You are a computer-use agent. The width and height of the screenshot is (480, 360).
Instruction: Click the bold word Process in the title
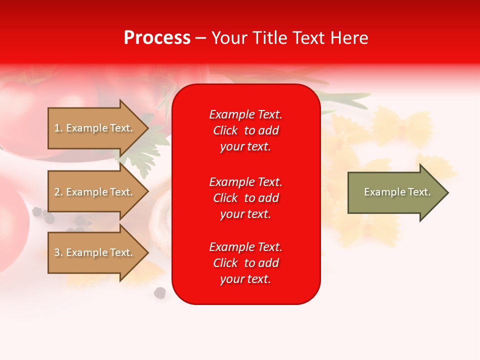coord(157,38)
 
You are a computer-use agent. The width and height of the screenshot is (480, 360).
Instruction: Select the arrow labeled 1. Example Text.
coord(95,128)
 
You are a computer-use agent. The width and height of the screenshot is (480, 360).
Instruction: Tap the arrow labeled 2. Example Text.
coord(95,192)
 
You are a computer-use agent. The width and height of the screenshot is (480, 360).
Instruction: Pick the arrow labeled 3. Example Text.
coord(95,252)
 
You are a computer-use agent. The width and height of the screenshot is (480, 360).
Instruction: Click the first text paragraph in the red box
coord(245,130)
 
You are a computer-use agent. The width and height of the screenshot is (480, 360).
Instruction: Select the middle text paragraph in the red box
coord(245,198)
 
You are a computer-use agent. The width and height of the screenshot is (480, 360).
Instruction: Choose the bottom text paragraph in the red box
coord(245,263)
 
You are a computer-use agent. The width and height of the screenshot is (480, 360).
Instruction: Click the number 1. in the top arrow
coord(58,128)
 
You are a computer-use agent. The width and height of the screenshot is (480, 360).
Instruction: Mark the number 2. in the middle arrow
coord(58,192)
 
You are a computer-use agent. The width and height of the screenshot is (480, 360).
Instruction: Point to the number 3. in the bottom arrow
coord(58,252)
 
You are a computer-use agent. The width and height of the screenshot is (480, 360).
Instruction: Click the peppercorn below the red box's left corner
coord(160,292)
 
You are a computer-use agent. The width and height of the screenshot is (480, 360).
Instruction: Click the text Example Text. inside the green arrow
coord(397,192)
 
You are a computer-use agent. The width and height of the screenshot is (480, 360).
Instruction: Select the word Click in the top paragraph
coord(225,130)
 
